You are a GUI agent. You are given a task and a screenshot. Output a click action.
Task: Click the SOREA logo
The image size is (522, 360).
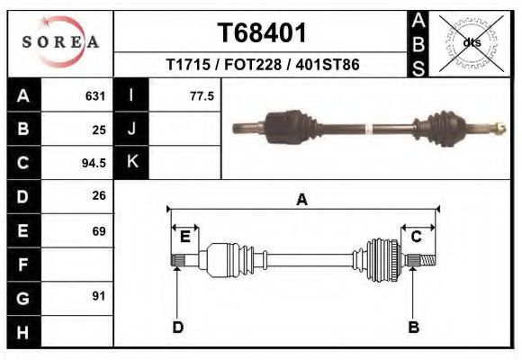(61, 41)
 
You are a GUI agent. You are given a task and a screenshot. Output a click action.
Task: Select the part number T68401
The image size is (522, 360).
(262, 33)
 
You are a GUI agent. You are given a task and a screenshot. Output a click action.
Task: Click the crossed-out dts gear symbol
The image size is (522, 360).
(471, 42)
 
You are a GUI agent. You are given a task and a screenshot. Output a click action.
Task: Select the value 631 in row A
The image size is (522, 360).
(96, 95)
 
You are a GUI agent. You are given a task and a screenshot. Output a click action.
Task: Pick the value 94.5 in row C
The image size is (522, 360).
(94, 163)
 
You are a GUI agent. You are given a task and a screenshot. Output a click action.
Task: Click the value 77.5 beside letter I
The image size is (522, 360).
(202, 95)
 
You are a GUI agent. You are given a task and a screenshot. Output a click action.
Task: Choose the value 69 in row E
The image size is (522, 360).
(99, 230)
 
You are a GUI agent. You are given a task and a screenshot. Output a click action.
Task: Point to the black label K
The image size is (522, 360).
(131, 162)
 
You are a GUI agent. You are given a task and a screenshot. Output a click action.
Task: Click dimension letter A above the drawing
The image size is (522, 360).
(302, 200)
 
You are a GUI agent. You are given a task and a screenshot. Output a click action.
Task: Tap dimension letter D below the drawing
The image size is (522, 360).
(178, 327)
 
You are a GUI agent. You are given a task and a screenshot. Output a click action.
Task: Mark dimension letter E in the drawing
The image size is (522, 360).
(185, 237)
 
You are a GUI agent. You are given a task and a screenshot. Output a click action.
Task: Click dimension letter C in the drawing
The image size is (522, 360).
(417, 237)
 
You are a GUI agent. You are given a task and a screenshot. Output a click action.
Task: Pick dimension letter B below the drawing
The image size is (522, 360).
(414, 327)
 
